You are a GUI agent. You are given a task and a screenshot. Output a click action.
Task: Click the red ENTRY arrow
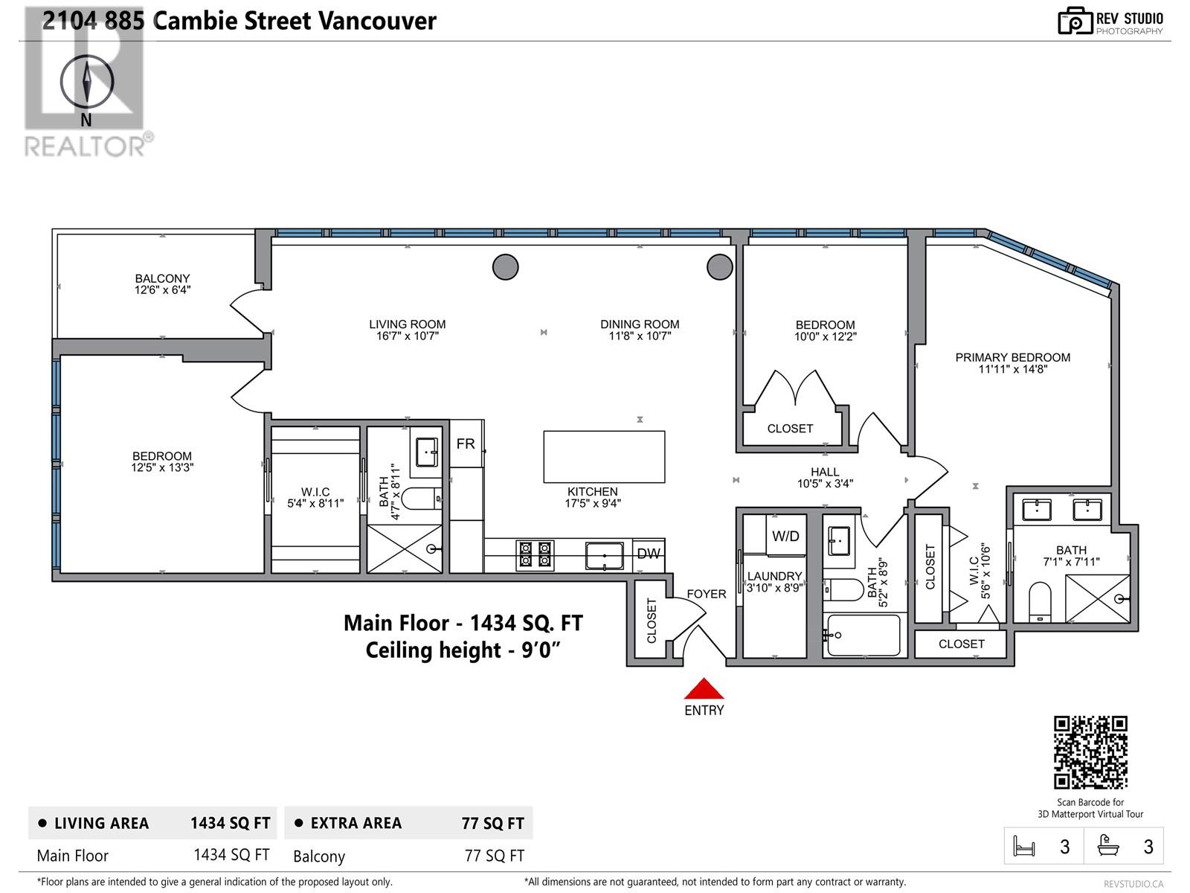(704, 688)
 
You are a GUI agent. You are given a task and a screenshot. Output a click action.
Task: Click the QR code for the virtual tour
(1090, 752)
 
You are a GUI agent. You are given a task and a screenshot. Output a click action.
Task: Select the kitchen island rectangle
(604, 457)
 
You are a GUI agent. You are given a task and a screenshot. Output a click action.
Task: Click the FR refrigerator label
(466, 444)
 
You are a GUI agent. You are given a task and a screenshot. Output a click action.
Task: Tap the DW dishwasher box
(649, 554)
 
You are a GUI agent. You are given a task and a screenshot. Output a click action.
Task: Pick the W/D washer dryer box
(785, 536)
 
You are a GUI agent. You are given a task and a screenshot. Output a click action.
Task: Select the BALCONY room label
(162, 278)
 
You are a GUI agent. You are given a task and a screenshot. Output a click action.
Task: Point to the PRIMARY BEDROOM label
(1012, 357)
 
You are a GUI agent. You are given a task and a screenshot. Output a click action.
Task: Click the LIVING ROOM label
(408, 324)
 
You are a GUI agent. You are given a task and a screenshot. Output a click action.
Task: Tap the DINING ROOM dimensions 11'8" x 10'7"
(640, 336)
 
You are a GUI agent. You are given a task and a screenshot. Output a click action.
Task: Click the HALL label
(825, 472)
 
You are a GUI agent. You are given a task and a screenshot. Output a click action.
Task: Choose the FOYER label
(706, 594)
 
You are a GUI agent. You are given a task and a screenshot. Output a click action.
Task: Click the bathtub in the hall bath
(863, 636)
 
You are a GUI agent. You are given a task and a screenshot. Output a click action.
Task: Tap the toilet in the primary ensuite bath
(1040, 601)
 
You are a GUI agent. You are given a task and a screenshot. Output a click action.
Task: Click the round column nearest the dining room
(719, 266)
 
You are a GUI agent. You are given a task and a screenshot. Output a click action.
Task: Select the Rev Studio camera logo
(1075, 21)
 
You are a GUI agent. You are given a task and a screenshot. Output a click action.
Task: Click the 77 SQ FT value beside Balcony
(494, 856)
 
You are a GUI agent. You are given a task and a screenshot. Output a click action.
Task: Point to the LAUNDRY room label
(774, 576)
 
